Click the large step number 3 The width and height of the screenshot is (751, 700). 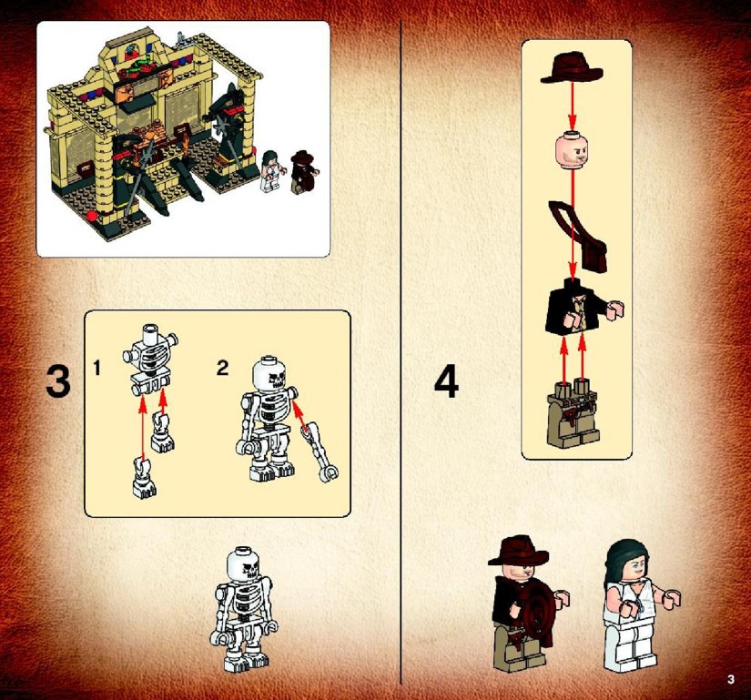pyautogui.click(x=58, y=381)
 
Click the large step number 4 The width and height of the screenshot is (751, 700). pyautogui.click(x=446, y=381)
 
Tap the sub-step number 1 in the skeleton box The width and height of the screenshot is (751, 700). pyautogui.click(x=97, y=368)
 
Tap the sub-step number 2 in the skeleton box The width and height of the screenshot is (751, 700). pyautogui.click(x=222, y=368)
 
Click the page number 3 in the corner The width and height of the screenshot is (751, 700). pyautogui.click(x=730, y=679)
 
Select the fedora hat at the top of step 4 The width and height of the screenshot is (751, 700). pyautogui.click(x=572, y=69)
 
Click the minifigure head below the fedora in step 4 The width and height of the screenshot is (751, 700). pyautogui.click(x=572, y=149)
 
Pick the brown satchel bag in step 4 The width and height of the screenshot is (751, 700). pyautogui.click(x=578, y=236)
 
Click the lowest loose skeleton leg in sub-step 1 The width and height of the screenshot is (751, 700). pyautogui.click(x=144, y=477)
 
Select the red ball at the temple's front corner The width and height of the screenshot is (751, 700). pyautogui.click(x=93, y=217)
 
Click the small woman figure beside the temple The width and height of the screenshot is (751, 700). pyautogui.click(x=271, y=171)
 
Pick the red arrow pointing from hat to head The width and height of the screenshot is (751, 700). pyautogui.click(x=572, y=106)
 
